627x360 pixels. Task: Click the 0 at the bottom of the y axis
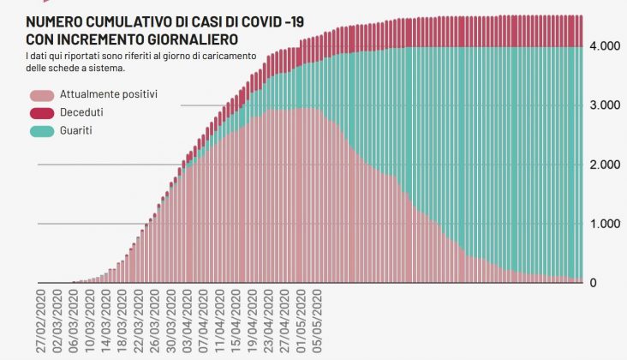(x=594, y=283)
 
